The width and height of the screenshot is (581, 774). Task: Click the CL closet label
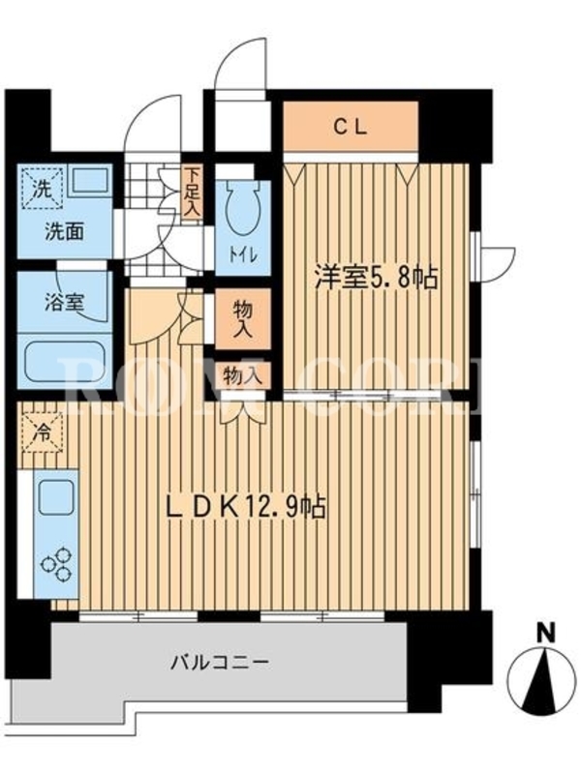click(351, 128)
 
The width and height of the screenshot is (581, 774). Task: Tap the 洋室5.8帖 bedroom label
click(377, 278)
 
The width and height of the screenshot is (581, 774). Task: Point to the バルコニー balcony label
click(220, 662)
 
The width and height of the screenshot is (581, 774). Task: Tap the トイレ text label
click(242, 255)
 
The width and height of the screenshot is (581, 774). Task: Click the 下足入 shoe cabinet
click(191, 193)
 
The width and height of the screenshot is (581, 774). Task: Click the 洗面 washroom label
click(64, 231)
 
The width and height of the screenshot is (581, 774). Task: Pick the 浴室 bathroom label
click(64, 303)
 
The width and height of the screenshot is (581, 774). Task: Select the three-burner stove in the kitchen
click(57, 565)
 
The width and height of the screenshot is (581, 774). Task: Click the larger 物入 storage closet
click(243, 319)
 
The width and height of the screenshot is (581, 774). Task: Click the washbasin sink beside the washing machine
click(90, 181)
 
